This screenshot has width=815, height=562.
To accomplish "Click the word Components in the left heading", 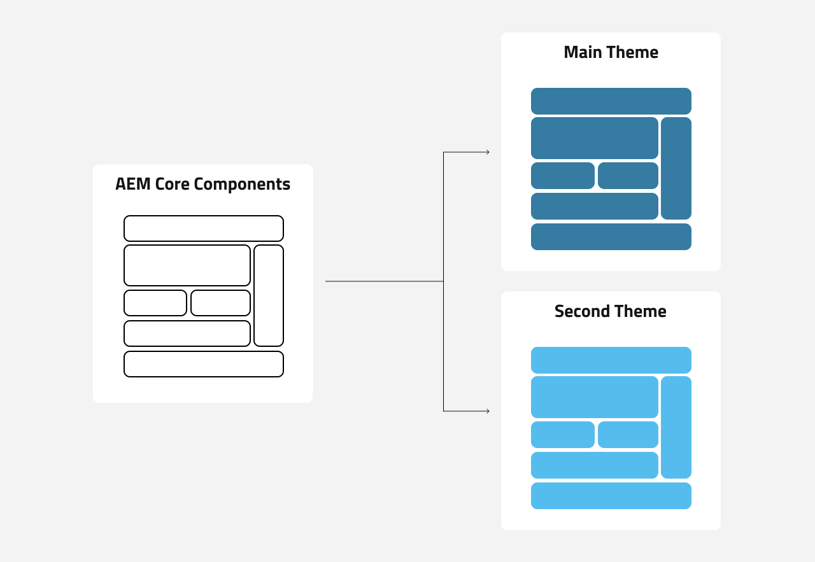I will (242, 185).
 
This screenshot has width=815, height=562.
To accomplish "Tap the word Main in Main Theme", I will (582, 52).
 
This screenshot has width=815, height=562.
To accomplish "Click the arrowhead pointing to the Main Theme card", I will (487, 152).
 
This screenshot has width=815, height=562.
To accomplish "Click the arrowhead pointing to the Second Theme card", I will (487, 411).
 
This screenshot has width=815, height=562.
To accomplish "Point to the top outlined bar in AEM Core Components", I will (204, 228).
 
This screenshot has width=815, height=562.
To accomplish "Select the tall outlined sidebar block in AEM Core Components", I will (269, 295).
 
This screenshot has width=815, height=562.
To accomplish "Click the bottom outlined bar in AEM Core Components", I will (204, 364).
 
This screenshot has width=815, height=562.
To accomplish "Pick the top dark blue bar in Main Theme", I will (611, 101).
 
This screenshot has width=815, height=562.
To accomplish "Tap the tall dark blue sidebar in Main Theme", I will (676, 168).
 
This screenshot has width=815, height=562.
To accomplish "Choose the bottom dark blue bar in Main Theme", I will (611, 237).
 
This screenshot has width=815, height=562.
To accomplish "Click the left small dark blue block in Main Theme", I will (563, 176).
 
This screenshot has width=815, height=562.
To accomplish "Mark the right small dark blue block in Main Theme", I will (628, 176).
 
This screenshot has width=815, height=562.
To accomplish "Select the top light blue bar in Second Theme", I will (611, 360).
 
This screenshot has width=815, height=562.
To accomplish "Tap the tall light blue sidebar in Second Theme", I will (676, 427).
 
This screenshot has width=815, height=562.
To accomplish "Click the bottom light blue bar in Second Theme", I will (611, 496).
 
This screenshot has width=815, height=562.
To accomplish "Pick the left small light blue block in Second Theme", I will (563, 435).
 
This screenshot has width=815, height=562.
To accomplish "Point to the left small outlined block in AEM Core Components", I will (155, 303).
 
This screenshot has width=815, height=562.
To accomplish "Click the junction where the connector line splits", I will (443, 281).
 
